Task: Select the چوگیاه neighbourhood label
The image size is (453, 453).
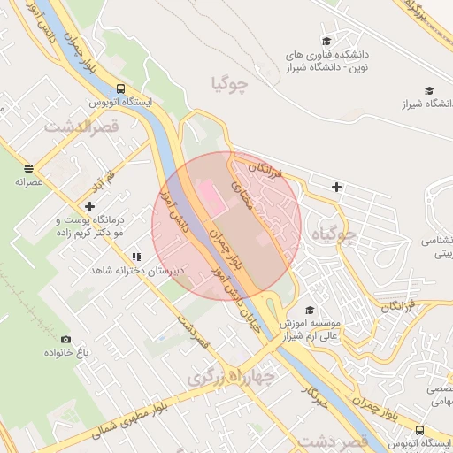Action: pos(335,235)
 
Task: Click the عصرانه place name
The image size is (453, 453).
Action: pos(28,181)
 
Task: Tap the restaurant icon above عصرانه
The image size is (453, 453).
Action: pos(28,167)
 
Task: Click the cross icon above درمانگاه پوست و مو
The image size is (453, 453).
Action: pos(89,205)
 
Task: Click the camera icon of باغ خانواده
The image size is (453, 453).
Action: pos(65,339)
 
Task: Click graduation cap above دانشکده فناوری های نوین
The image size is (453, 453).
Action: pos(326,40)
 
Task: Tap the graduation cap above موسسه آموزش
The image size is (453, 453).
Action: pos(310,310)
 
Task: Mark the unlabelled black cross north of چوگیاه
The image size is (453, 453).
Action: pos(336,186)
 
